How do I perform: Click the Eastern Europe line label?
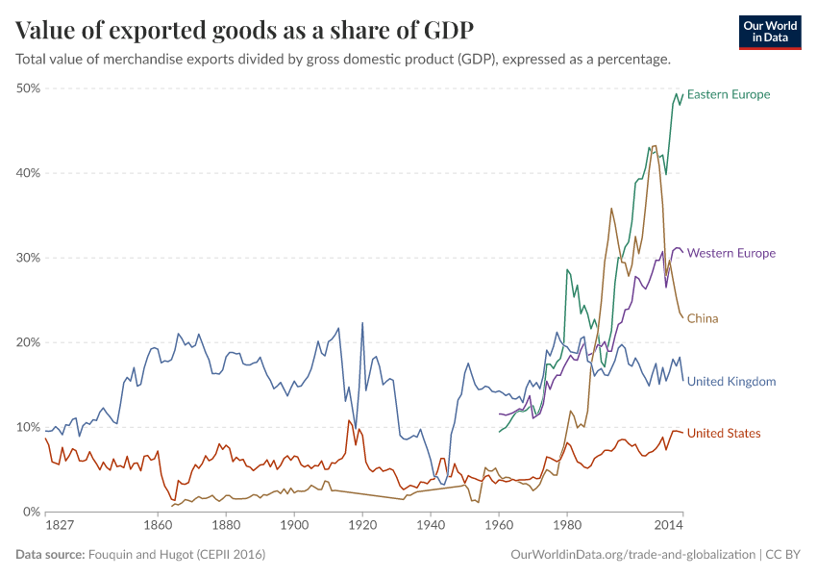coord(729,94)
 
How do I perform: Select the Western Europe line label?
coord(730,253)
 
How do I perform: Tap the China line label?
coord(703,318)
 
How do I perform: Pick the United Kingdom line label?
coord(731,382)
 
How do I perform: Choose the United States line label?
coord(724,434)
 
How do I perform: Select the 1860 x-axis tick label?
coord(157,527)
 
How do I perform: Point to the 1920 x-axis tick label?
coord(362,527)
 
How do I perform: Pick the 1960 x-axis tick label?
coord(499,527)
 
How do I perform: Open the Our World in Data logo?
coord(770,32)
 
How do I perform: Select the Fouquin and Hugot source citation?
coord(177,555)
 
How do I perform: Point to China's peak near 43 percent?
coord(655,146)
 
